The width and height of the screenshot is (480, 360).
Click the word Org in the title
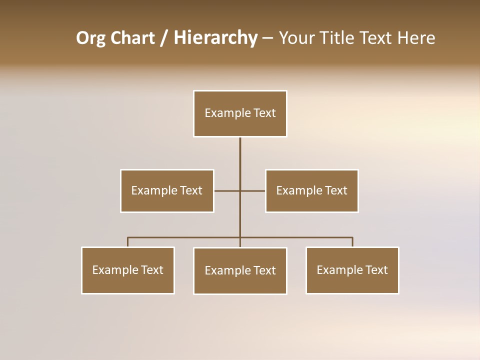tap(91, 38)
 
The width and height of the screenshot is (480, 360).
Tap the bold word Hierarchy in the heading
tap(215, 38)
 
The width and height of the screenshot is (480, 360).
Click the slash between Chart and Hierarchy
tap(164, 38)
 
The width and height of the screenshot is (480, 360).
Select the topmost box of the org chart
tap(240, 113)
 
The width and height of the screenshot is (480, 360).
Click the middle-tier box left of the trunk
tap(167, 190)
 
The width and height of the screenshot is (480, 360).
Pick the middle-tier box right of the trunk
tap(311, 190)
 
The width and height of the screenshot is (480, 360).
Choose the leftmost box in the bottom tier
tap(128, 270)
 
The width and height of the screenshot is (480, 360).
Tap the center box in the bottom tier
tap(240, 270)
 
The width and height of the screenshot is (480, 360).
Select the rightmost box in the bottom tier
tap(352, 270)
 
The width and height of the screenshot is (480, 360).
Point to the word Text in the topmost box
tap(265, 113)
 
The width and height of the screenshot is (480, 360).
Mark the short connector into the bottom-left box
tap(128, 242)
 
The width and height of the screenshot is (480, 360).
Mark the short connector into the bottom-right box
tap(352, 242)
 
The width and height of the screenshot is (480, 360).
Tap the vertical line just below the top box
tap(240, 150)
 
